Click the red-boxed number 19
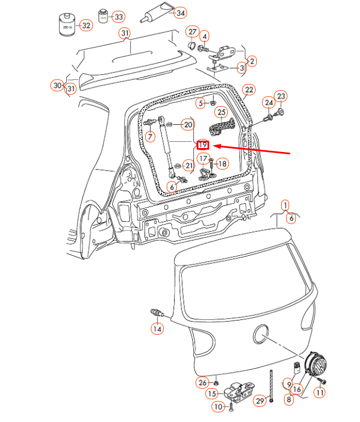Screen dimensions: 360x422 pyautogui.click(x=202, y=145)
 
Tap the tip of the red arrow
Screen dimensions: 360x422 pyautogui.click(x=213, y=146)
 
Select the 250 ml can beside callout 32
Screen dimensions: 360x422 pyautogui.click(x=67, y=24)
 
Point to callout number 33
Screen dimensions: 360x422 pyautogui.click(x=118, y=17)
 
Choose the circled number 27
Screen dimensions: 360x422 pyautogui.click(x=192, y=32)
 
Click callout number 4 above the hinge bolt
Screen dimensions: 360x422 pyautogui.click(x=205, y=36)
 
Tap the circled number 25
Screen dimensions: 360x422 pyautogui.click(x=221, y=112)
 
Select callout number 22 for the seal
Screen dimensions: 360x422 pyautogui.click(x=249, y=90)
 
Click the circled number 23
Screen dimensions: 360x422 pyautogui.click(x=281, y=96)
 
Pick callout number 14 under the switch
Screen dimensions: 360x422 pyautogui.click(x=157, y=328)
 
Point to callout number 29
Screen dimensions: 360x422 pyautogui.click(x=260, y=401)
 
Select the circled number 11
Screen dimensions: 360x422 pyautogui.click(x=320, y=393)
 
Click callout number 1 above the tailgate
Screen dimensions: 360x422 pyautogui.click(x=285, y=206)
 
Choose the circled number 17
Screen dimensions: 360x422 pyautogui.click(x=204, y=159)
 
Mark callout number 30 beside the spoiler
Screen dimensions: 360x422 pyautogui.click(x=57, y=86)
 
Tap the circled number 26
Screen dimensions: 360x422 pyautogui.click(x=202, y=382)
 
